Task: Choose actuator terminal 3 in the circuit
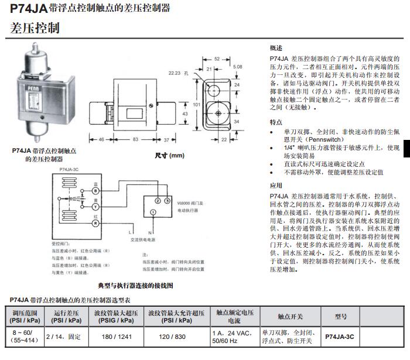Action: pyautogui.click(x=168, y=201)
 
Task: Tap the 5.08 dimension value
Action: pyautogui.click(x=237, y=67)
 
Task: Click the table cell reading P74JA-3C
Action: pyautogui.click(x=339, y=337)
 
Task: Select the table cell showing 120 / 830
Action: pyautogui.click(x=175, y=337)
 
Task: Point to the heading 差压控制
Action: pyautogui.click(x=35, y=28)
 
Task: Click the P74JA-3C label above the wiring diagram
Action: pyautogui.click(x=69, y=169)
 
